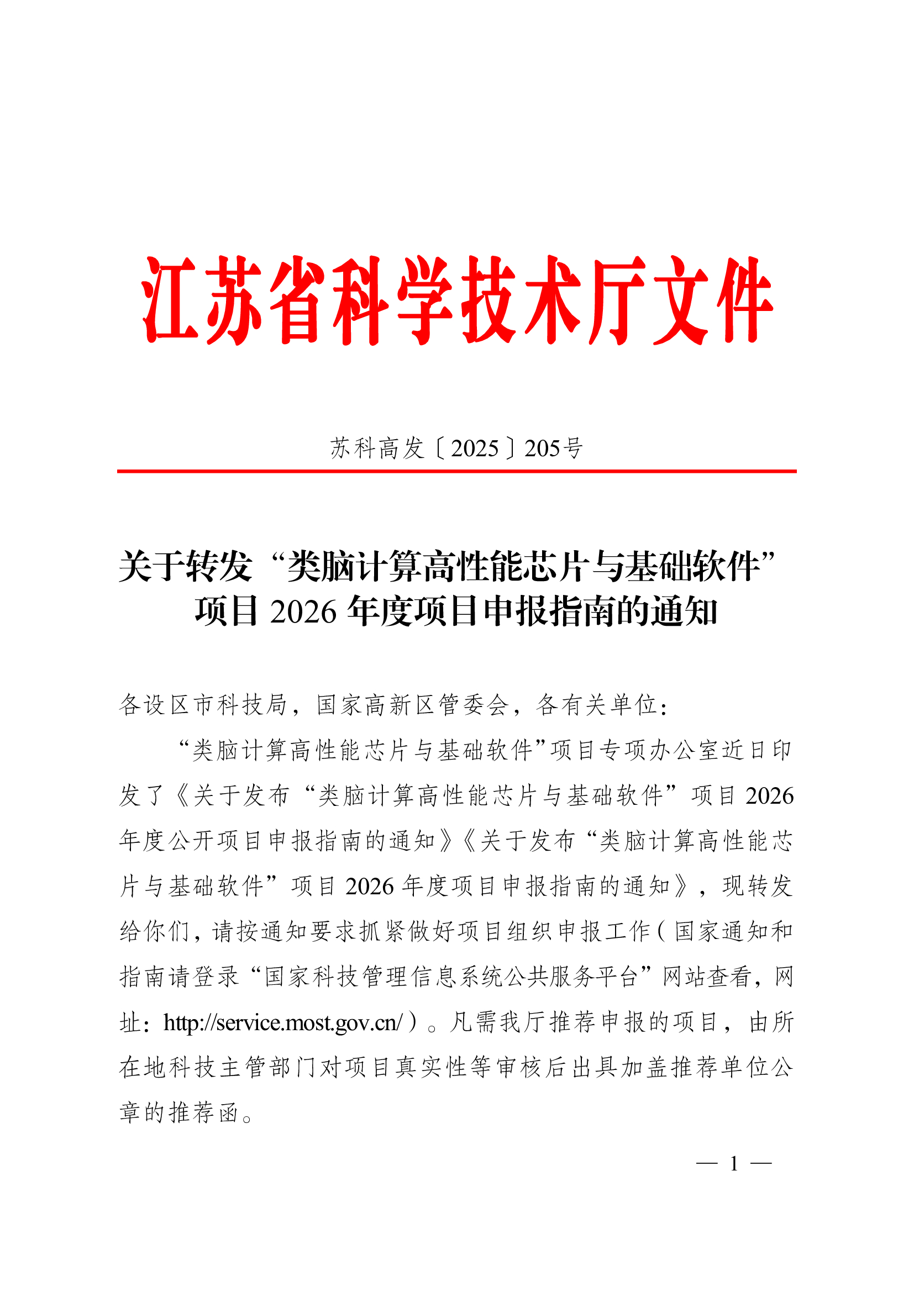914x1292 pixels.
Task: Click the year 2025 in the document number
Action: click(475, 449)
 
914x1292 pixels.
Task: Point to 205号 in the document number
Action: click(553, 449)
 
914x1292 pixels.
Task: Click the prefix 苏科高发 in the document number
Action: click(376, 449)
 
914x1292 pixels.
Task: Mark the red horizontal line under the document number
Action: click(456, 471)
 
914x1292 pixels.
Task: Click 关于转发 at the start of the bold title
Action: click(185, 566)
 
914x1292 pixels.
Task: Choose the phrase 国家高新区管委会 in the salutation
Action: click(412, 704)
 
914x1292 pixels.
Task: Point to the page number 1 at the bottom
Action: click(734, 1163)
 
